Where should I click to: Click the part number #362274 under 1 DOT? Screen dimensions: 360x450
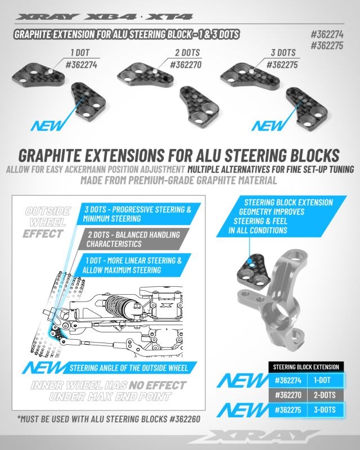pyautogui.click(x=82, y=64)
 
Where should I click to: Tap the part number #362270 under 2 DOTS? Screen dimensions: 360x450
pyautogui.click(x=186, y=64)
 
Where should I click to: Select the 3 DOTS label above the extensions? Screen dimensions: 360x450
pyautogui.click(x=283, y=52)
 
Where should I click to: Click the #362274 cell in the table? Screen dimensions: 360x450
pyautogui.click(x=288, y=380)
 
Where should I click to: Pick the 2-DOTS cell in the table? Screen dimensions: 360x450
pyautogui.click(x=325, y=395)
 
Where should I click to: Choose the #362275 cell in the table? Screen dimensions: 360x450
pyautogui.click(x=288, y=409)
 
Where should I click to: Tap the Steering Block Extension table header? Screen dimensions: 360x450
pyautogui.click(x=306, y=367)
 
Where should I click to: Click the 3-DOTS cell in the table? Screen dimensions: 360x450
pyautogui.click(x=325, y=409)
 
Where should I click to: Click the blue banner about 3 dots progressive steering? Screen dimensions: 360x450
pyautogui.click(x=138, y=214)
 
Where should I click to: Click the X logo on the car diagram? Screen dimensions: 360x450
pyautogui.click(x=165, y=305)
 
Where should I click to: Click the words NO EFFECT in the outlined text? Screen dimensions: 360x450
pyautogui.click(x=157, y=385)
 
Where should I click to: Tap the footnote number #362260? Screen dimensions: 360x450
pyautogui.click(x=184, y=419)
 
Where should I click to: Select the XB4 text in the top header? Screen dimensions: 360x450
pyautogui.click(x=110, y=17)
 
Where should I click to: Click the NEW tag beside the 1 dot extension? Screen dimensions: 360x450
pyautogui.click(x=47, y=125)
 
